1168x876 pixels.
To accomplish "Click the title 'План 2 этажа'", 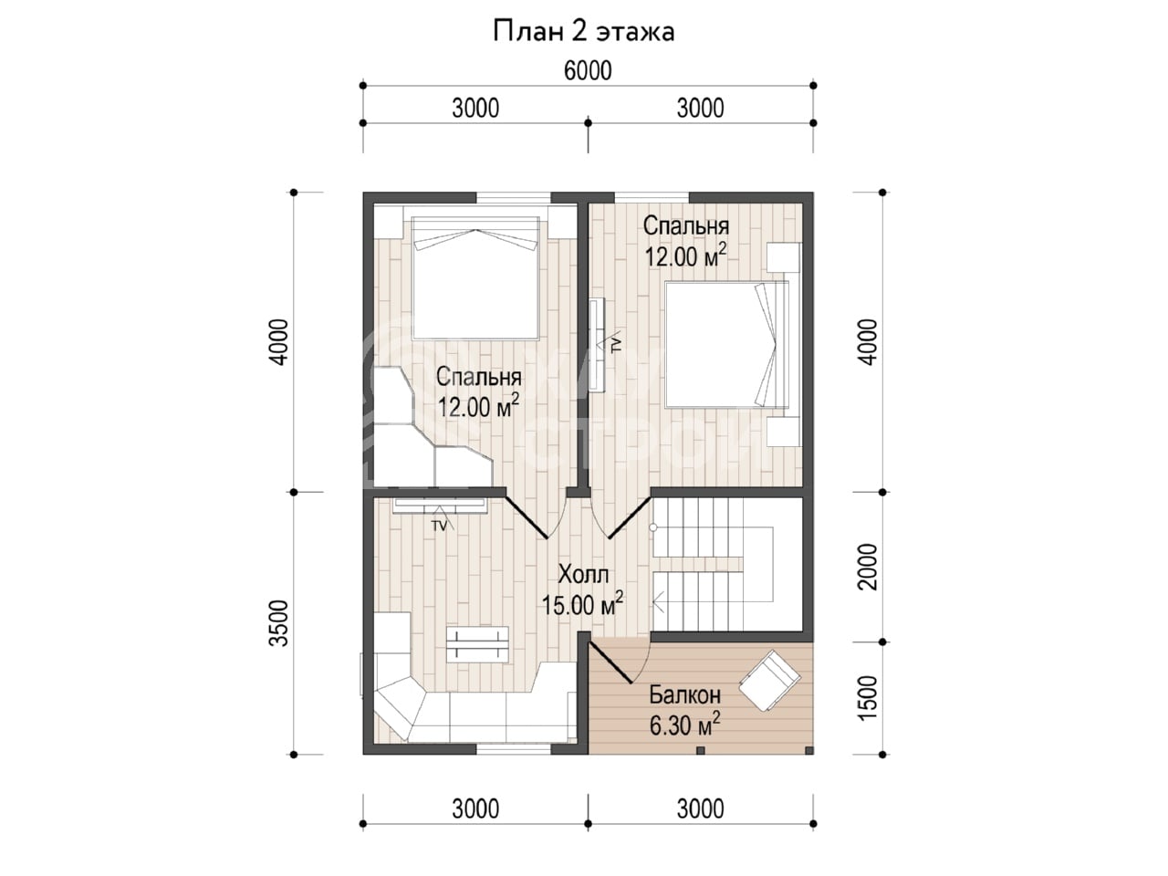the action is (583, 32).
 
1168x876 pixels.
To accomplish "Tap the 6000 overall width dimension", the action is (588, 71).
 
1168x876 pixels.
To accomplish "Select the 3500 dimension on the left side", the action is (278, 623).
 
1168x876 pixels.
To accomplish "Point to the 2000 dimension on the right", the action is (868, 567).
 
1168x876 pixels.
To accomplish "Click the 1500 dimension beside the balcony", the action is (868, 698).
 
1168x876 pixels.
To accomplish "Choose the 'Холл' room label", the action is (583, 575).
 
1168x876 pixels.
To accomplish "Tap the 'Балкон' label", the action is (685, 694).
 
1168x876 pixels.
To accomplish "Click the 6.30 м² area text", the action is (685, 725).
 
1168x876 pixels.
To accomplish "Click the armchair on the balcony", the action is (770, 681).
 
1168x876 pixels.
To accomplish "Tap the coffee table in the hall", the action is (476, 644).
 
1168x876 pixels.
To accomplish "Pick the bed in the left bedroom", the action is (475, 277).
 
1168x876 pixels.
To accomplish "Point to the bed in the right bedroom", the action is (727, 345).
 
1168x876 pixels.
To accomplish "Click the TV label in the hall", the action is (439, 526).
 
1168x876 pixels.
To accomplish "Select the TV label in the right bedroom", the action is (616, 344).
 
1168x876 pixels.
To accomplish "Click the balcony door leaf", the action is (610, 663).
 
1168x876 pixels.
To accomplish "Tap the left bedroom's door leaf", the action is (526, 517).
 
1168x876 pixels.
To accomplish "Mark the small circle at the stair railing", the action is (653, 527).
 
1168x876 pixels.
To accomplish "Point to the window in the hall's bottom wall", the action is (513, 749).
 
